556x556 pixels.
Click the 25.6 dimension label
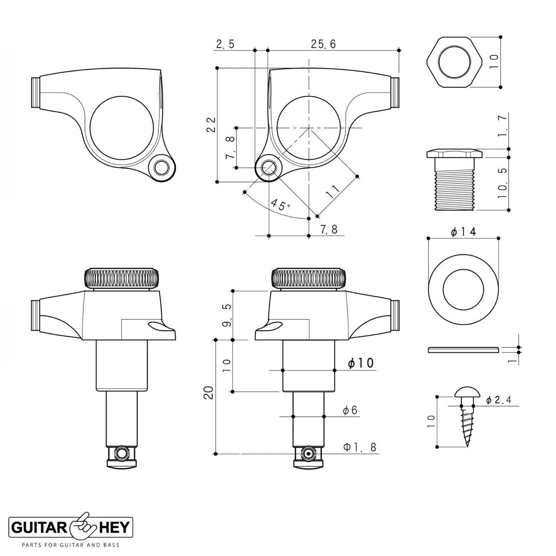point(323,44)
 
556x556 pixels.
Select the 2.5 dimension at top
point(225,44)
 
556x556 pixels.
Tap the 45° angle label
point(281,205)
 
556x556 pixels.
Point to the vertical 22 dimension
point(211,124)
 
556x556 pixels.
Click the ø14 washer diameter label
point(463,232)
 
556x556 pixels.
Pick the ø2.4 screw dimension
point(498,400)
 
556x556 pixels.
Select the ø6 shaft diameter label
point(350,410)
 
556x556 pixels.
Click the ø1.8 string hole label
point(360,447)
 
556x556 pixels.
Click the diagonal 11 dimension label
point(333,191)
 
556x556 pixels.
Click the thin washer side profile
point(463,349)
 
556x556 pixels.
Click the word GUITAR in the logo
point(39,528)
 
